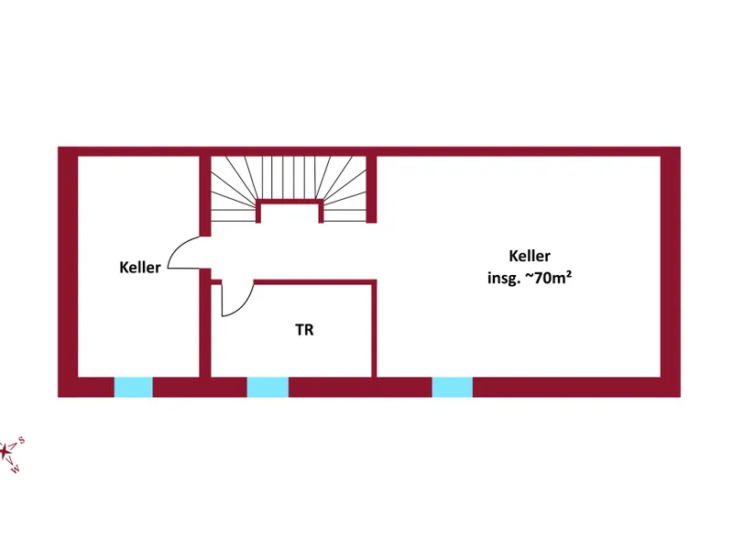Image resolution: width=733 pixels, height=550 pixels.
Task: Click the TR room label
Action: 304,330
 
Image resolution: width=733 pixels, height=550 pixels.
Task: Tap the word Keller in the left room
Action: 140,268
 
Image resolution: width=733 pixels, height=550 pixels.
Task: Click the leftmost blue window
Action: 133,387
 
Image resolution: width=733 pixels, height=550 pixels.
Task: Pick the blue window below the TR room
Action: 268,387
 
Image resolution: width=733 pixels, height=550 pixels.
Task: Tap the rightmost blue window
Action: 452,387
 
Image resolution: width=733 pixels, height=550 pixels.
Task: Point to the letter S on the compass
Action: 21,440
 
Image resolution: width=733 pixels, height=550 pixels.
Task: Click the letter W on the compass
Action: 15,470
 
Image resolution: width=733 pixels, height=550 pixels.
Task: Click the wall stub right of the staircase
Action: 371,188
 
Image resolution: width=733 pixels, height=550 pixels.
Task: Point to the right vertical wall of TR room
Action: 374,330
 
